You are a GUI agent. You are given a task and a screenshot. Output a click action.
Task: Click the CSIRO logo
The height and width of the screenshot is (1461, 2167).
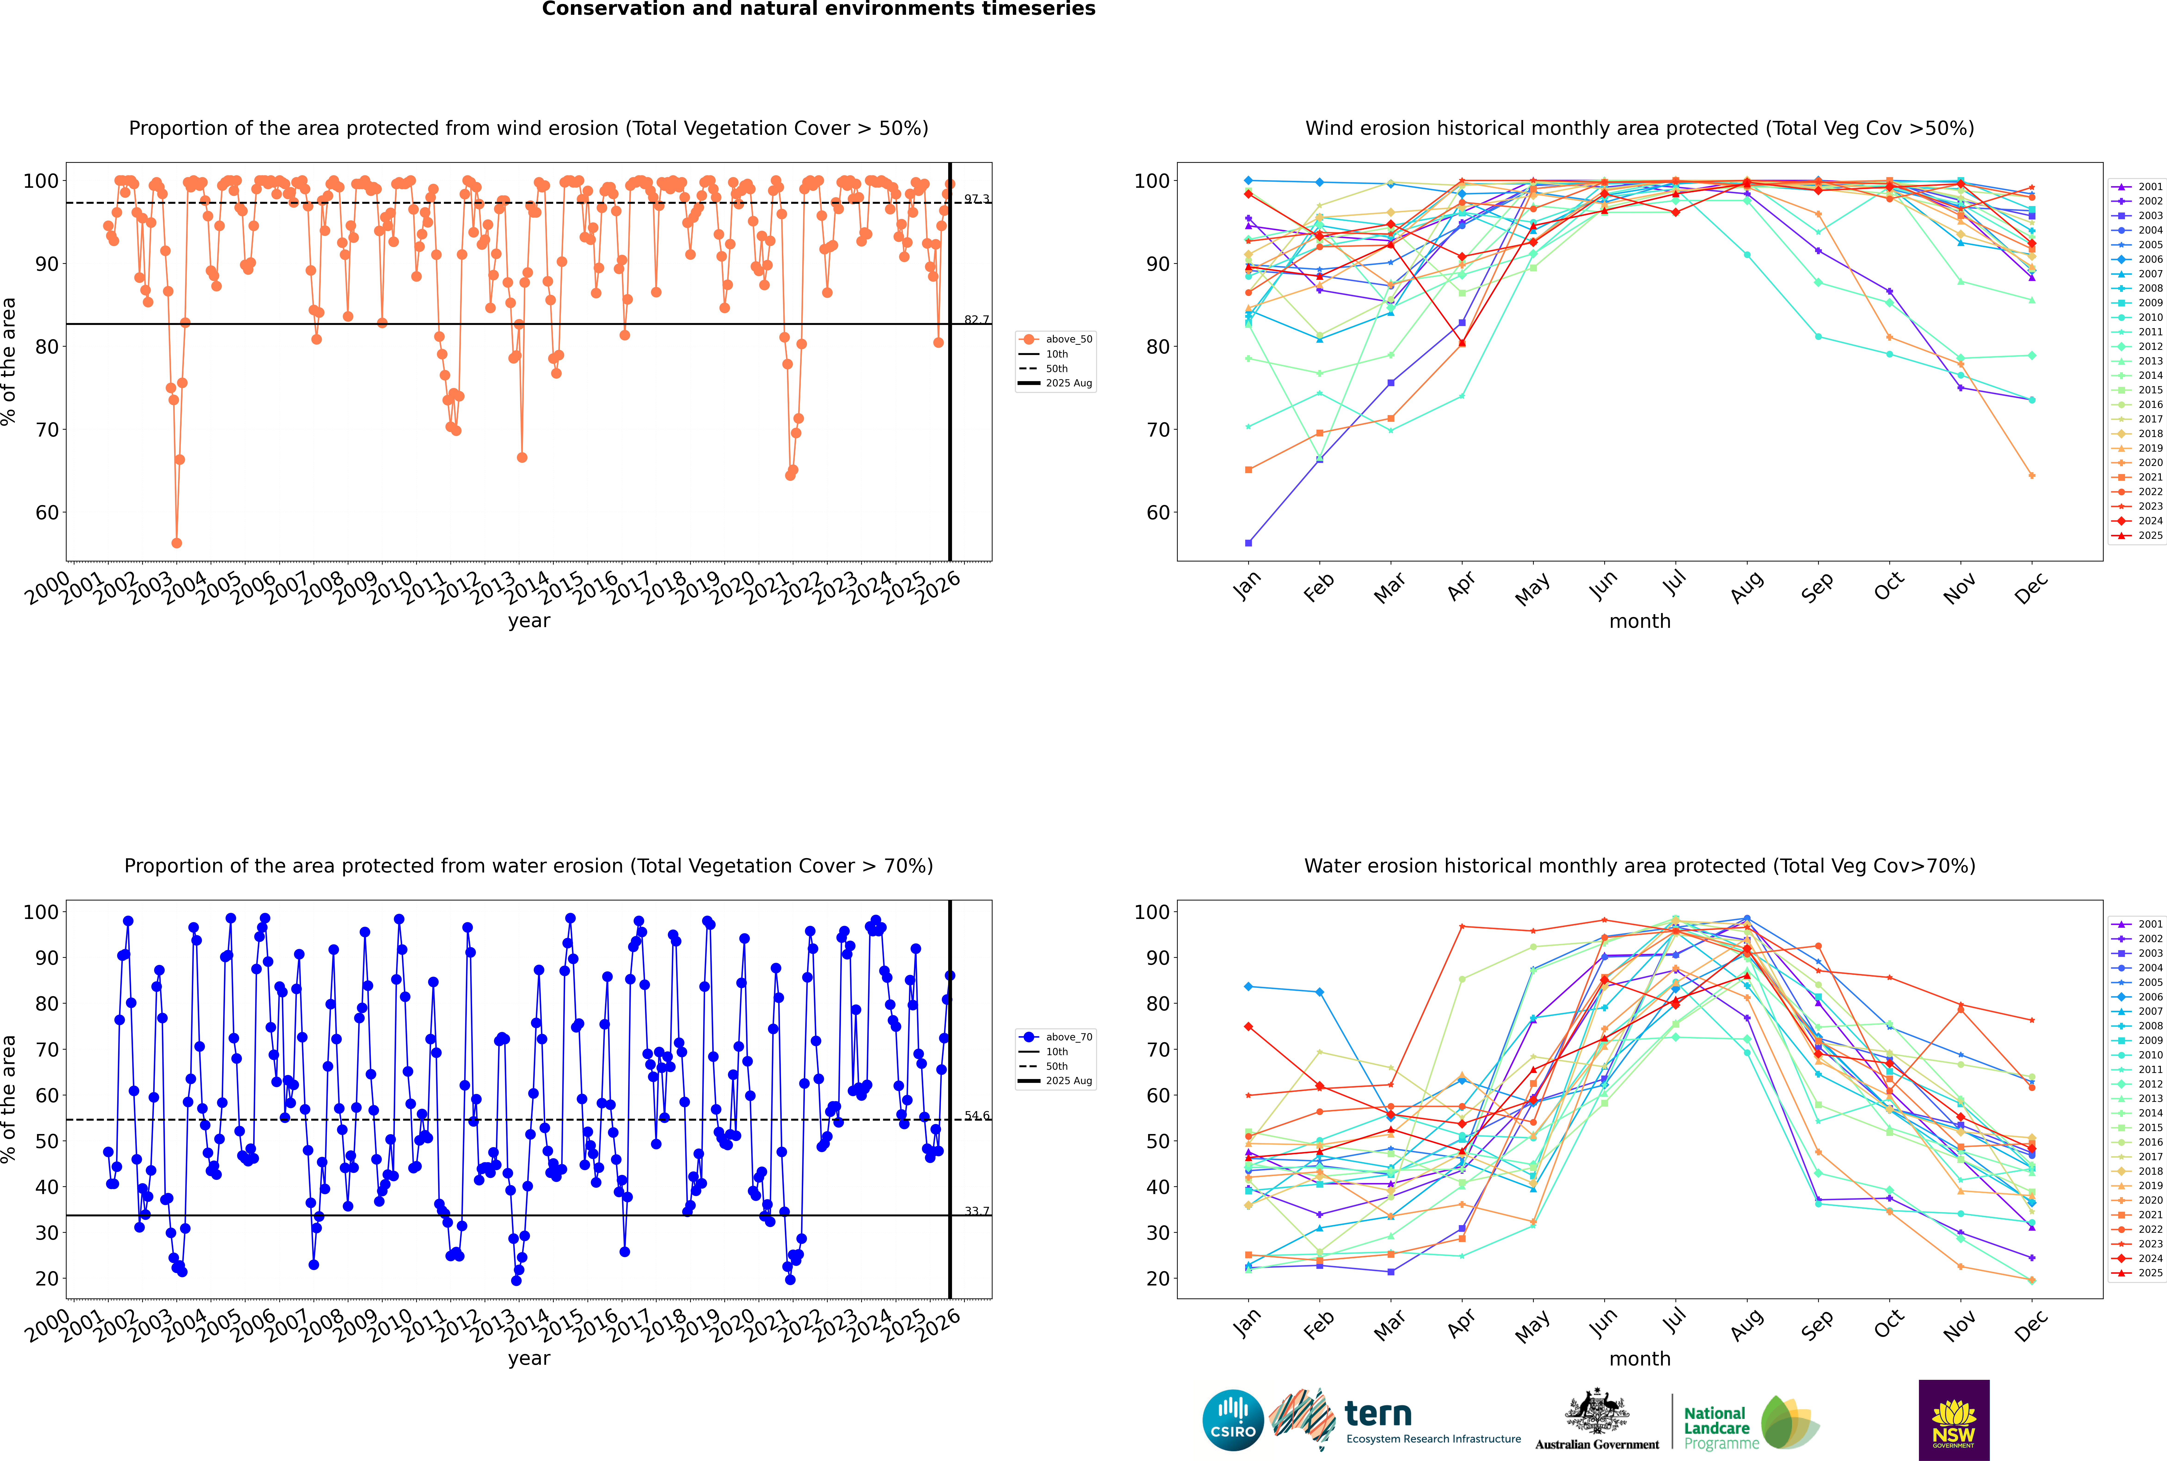pos(1233,1420)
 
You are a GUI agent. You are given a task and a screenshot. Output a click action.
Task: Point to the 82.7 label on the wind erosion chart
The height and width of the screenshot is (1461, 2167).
pos(976,320)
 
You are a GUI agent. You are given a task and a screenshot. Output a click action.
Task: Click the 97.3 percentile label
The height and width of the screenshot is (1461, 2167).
pos(976,198)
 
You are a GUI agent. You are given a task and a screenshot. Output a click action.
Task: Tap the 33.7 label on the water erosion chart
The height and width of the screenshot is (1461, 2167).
pos(976,1211)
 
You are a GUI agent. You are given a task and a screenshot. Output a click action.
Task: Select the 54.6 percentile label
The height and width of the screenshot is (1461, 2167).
pos(976,1115)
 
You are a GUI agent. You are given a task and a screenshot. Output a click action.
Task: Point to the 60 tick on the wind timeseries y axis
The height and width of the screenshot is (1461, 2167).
pos(46,512)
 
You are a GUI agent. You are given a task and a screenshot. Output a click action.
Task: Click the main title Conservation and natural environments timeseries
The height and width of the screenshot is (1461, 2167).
pos(818,9)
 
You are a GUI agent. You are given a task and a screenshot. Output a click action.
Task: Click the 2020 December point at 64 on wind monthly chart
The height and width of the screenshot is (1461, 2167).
pos(2032,476)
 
